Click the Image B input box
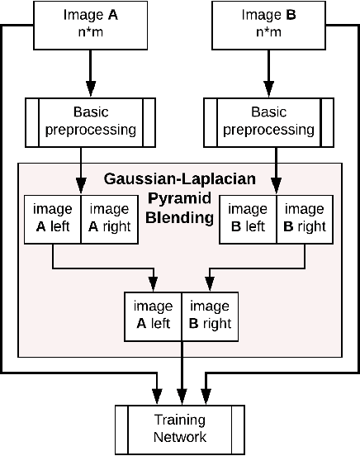(x=267, y=24)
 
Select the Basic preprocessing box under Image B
(x=268, y=121)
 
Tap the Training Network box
(x=179, y=429)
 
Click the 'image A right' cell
(x=110, y=219)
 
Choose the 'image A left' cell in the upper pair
(x=53, y=219)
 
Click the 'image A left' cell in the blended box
(x=152, y=315)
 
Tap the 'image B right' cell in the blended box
(x=209, y=315)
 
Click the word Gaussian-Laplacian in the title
(x=179, y=178)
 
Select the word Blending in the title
(x=179, y=218)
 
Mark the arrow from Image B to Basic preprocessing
(x=267, y=73)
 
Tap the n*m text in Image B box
(x=267, y=32)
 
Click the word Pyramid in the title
(x=179, y=198)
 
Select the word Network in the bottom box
(x=179, y=437)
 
